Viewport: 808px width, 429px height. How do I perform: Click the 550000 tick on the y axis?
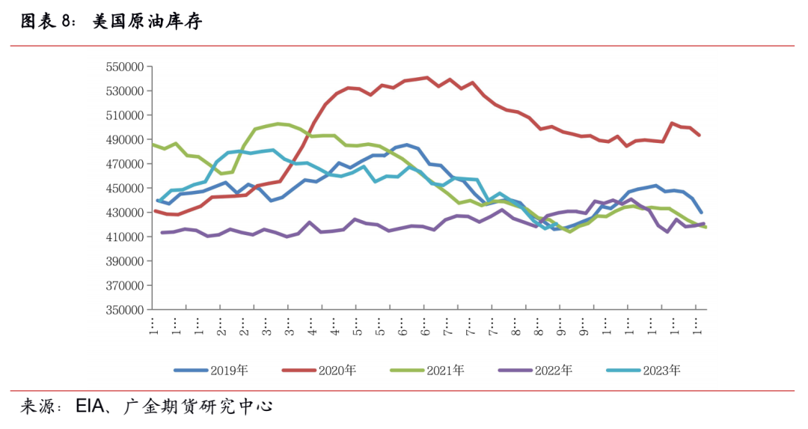click(x=124, y=67)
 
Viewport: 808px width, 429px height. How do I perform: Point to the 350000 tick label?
click(x=124, y=310)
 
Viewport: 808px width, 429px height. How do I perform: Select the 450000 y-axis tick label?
click(x=124, y=189)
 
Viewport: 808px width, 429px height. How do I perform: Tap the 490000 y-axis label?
click(x=124, y=140)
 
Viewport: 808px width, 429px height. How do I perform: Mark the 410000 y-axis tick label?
click(x=124, y=237)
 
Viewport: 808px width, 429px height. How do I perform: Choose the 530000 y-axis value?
click(x=124, y=91)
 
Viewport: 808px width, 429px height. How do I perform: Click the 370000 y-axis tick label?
click(x=124, y=285)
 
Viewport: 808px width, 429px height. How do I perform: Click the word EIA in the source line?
click(x=94, y=408)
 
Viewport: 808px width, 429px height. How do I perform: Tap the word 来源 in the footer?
click(x=36, y=408)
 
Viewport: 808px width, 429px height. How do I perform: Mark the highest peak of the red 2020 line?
click(x=426, y=77)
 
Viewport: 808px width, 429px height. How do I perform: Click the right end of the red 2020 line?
click(x=700, y=136)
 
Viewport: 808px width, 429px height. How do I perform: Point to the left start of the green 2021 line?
click(x=153, y=144)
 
